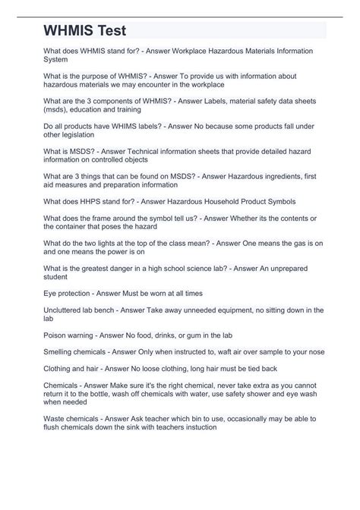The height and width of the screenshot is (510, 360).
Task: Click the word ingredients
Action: point(261,176)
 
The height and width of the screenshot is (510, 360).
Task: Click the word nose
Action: point(314,352)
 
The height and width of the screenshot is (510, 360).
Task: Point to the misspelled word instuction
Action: point(197,427)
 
